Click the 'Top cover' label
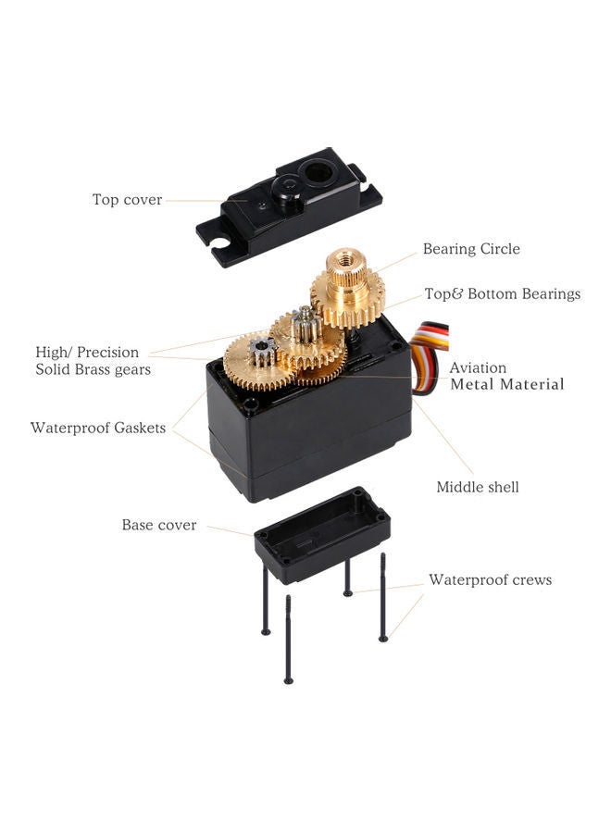tap(127, 199)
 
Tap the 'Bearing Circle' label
tap(471, 249)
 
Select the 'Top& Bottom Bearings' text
tap(502, 293)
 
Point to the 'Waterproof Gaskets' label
tap(98, 428)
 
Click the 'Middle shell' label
tap(478, 487)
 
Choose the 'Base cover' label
tap(159, 525)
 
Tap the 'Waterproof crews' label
tap(490, 580)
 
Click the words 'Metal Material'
tap(506, 384)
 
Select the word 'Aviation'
tap(478, 367)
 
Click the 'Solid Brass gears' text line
tap(93, 369)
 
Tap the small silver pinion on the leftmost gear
tap(262, 350)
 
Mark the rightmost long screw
tap(382, 597)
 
